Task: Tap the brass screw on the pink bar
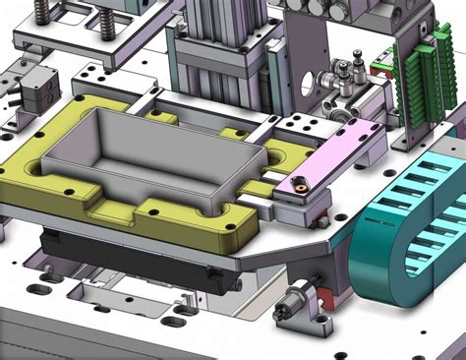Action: [297, 183]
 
